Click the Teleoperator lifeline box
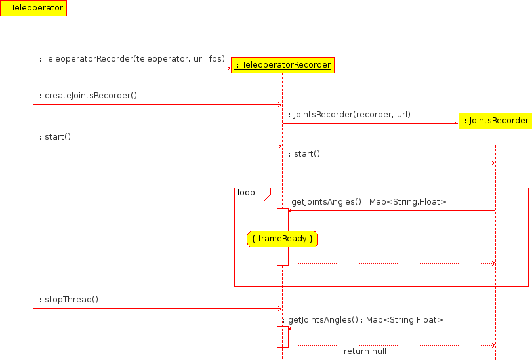33,8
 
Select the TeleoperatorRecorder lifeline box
283,64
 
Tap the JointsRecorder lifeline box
495,121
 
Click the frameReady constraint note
283,239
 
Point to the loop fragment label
247,193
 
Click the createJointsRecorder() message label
88,96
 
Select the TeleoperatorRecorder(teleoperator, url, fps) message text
132,59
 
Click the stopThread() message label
69,300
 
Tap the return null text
365,351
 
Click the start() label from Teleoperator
55,137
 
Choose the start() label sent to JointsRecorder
304,154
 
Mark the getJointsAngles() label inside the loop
366,202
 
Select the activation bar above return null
283,336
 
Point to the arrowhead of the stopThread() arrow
279,308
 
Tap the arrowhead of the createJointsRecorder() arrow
279,104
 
